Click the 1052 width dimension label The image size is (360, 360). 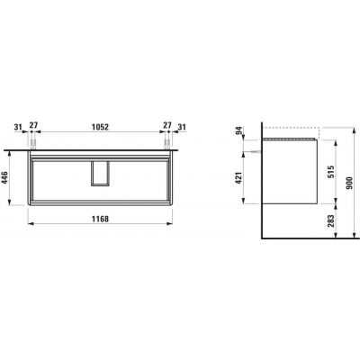pyautogui.click(x=100, y=128)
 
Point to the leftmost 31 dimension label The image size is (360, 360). pyautogui.click(x=20, y=128)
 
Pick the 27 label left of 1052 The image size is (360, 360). pyautogui.click(x=34, y=128)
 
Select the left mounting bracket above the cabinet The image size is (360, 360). pyautogui.click(x=34, y=142)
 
